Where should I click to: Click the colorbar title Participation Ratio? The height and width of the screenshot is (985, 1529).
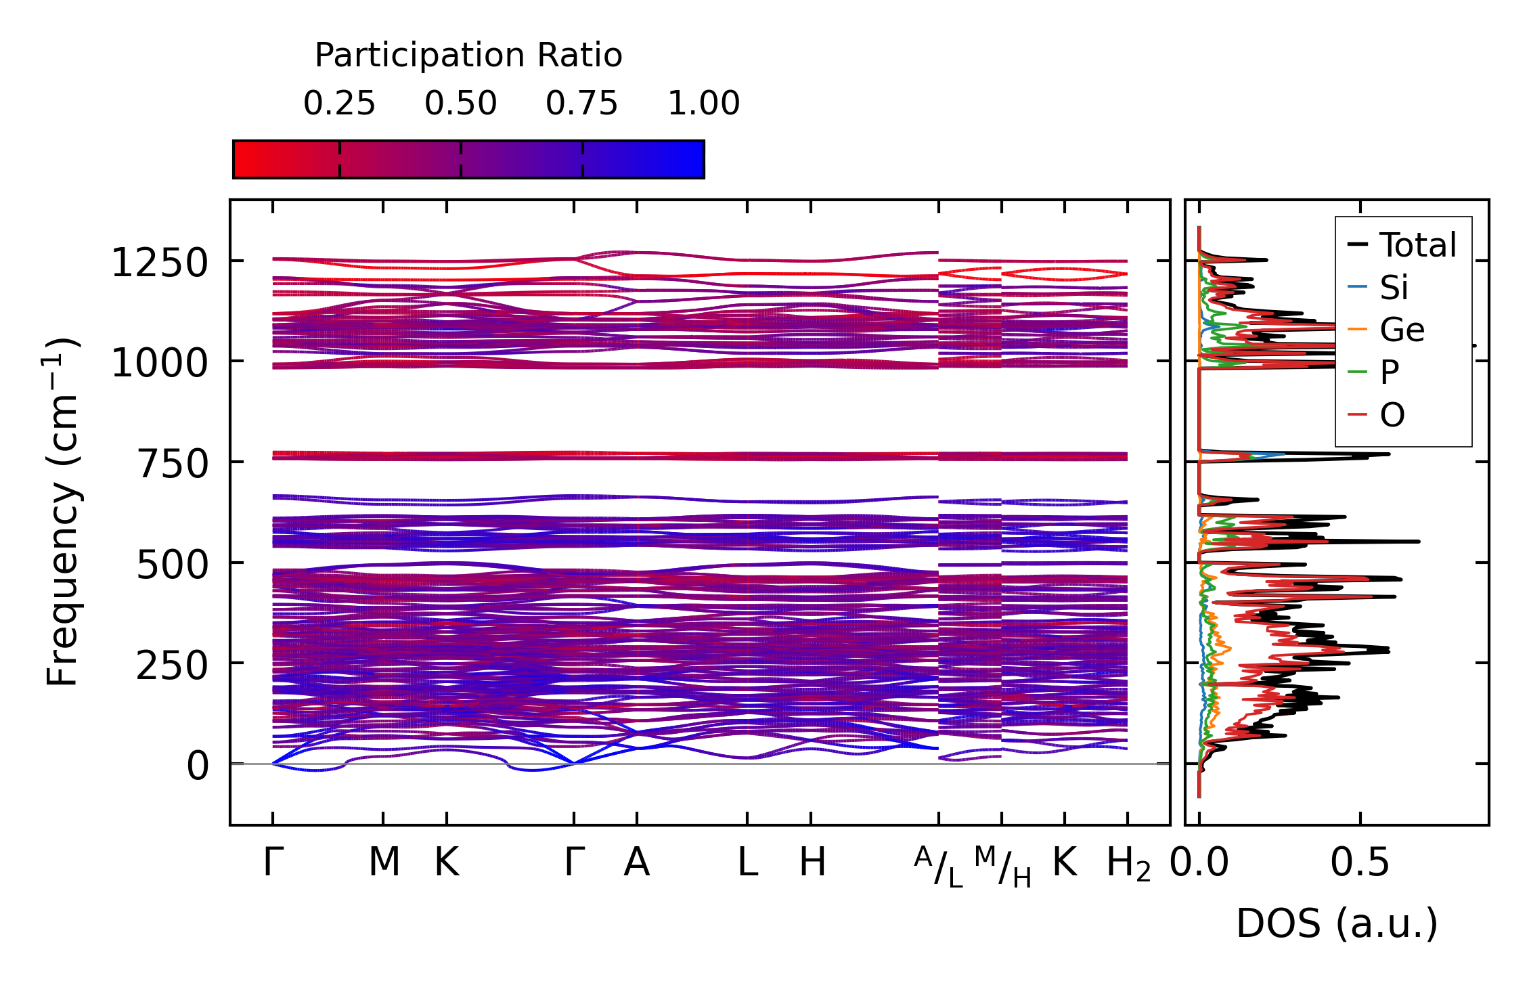point(468,56)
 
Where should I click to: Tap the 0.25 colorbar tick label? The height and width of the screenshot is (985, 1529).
point(339,104)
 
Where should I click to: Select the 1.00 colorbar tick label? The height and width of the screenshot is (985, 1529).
point(704,104)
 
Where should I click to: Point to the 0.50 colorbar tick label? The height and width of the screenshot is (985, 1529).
point(461,104)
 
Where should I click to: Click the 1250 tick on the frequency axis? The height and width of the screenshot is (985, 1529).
point(159,263)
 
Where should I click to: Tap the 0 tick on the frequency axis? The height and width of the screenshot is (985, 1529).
point(198,766)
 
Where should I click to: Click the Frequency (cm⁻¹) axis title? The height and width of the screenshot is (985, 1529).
point(62,512)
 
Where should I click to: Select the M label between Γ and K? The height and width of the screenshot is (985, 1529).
point(384,862)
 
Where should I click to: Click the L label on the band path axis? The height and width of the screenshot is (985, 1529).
point(747,862)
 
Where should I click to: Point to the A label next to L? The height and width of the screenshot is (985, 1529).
point(637,862)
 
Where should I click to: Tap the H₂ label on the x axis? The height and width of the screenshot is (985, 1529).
point(1128,864)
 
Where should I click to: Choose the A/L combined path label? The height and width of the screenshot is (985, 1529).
point(938,867)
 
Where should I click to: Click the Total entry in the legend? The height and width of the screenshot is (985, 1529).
point(1417,245)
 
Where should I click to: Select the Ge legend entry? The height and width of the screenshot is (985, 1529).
point(1402,330)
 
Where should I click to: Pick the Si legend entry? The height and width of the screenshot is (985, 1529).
point(1394,288)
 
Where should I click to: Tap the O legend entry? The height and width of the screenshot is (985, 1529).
point(1392,414)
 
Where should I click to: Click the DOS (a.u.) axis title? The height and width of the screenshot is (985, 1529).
point(1337,923)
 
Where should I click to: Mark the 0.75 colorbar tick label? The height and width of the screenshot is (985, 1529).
point(582,104)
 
